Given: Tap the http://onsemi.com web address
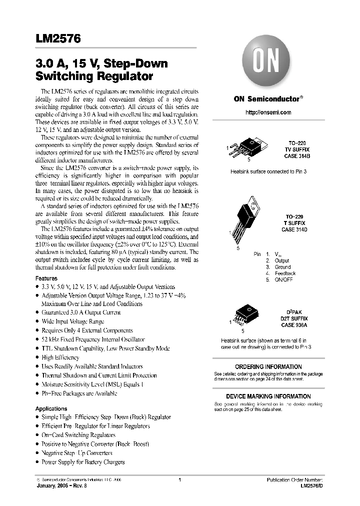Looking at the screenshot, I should point(268,112).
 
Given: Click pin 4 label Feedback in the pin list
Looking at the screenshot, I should point(285,273).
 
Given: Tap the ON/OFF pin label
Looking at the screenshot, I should point(283,280).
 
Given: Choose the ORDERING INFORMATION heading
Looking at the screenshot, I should point(268,366).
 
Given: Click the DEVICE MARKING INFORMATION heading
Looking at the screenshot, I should point(268,396).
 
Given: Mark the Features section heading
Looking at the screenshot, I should point(46,278).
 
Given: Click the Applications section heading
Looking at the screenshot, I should point(51,408).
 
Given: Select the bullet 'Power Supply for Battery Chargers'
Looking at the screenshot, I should point(83,462).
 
